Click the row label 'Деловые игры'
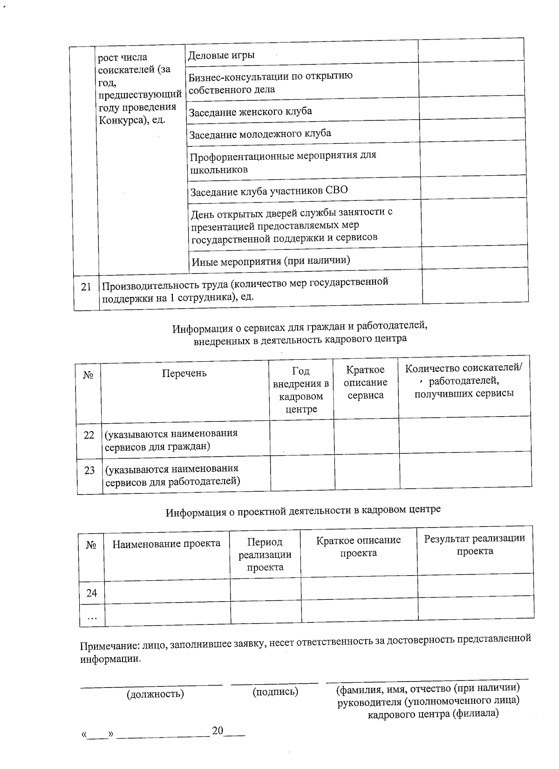(x=221, y=55)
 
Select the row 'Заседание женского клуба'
(x=250, y=112)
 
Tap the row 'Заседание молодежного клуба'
(x=260, y=134)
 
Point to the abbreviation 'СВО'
(x=336, y=191)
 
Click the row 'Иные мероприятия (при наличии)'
(x=271, y=261)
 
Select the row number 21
(x=86, y=287)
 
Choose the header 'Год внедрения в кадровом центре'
(x=301, y=390)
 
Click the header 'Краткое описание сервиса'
(x=366, y=383)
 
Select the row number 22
(x=89, y=435)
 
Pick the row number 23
(x=89, y=471)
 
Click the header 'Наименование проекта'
(x=166, y=544)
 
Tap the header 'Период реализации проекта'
(x=265, y=555)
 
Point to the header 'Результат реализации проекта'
(x=475, y=545)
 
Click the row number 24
(x=92, y=593)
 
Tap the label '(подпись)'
(x=275, y=692)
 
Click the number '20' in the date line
(x=218, y=731)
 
